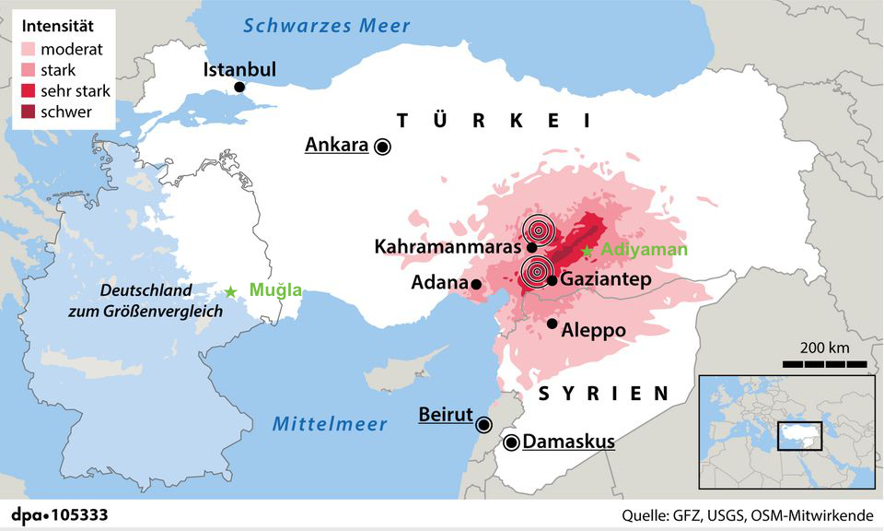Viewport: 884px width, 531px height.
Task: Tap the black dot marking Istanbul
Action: (x=239, y=87)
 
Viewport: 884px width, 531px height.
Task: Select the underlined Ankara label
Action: (x=336, y=145)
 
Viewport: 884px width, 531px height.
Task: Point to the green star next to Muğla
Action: (x=230, y=291)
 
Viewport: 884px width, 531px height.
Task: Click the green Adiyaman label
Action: (x=644, y=250)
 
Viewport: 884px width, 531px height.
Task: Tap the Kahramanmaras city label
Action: (x=448, y=247)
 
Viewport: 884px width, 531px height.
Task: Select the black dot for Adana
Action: (x=475, y=285)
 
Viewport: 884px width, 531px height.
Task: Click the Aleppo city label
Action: (x=593, y=329)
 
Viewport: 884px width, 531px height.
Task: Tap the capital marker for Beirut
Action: (x=483, y=424)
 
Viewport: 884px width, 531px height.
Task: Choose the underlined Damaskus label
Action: (x=568, y=442)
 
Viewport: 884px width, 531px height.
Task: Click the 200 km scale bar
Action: (x=825, y=365)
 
